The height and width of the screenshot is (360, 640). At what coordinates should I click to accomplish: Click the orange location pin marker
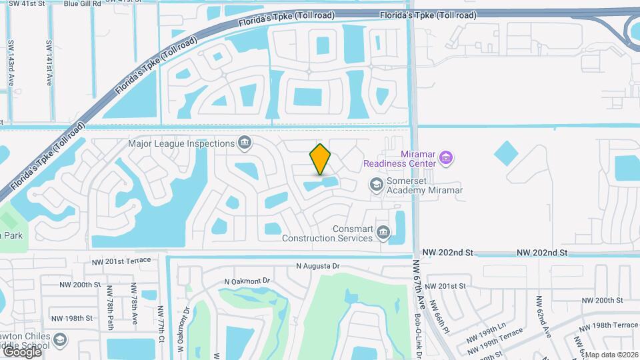point(320,159)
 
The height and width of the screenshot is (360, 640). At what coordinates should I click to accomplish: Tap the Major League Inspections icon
point(245,143)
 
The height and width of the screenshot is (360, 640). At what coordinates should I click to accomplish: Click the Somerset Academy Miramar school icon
point(377,185)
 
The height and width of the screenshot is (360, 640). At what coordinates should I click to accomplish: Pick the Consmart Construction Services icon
point(383,232)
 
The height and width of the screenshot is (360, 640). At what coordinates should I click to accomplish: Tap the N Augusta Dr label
point(318,266)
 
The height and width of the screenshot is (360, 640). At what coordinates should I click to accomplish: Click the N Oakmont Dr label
point(247,281)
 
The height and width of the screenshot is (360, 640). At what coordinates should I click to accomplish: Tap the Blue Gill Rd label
point(82,3)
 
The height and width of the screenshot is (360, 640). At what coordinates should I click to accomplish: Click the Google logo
point(21,351)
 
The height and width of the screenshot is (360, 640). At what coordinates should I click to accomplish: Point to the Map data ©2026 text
point(611,355)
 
